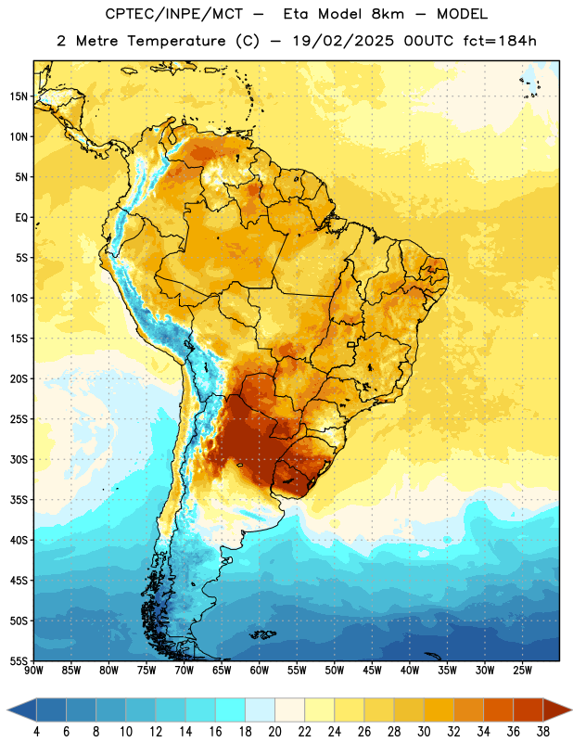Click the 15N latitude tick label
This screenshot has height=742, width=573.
(x=19, y=96)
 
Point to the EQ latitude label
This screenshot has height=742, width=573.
(x=21, y=218)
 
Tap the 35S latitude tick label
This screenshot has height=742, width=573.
(x=19, y=500)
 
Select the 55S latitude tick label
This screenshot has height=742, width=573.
(x=19, y=660)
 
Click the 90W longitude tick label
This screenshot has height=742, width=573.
(x=33, y=671)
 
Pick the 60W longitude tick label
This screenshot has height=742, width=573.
(x=260, y=671)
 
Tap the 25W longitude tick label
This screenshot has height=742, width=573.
(x=522, y=671)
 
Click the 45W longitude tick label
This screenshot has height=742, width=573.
(x=372, y=671)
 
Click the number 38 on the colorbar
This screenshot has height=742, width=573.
(x=543, y=732)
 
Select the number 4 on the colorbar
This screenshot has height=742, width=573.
(x=36, y=732)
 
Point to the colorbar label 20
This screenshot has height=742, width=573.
(x=274, y=732)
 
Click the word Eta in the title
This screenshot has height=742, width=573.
(x=296, y=14)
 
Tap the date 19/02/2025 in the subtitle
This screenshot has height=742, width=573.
(x=343, y=41)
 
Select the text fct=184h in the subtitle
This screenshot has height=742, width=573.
(x=500, y=41)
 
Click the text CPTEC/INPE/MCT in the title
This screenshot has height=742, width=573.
(x=173, y=15)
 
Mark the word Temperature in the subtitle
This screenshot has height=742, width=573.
(x=176, y=42)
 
